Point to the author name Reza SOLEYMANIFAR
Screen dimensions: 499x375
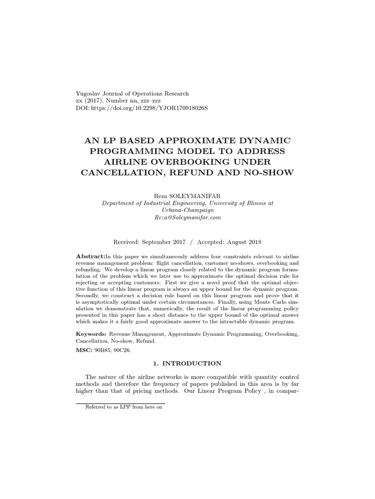coord(187,195)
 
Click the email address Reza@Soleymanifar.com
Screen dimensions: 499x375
coord(187,218)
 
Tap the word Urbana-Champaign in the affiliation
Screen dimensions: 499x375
coord(187,211)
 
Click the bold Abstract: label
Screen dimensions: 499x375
coord(90,256)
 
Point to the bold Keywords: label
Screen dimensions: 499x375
coord(91,335)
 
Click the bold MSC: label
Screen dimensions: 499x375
coord(84,350)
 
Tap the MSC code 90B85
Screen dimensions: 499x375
coord(104,350)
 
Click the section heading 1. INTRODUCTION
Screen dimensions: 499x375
coord(187,364)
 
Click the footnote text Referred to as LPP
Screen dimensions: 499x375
coord(123,407)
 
